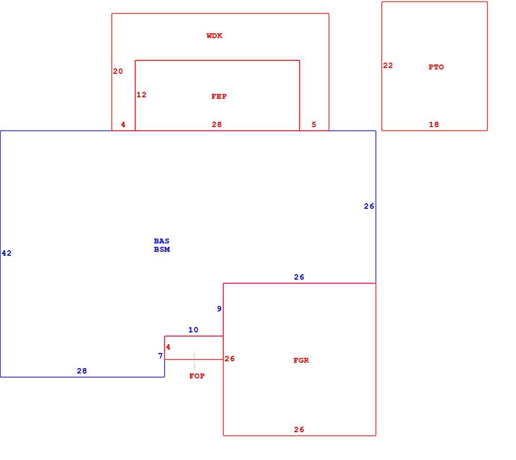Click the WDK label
(x=215, y=36)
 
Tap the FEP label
(x=219, y=96)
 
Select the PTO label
(x=436, y=67)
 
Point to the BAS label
(x=161, y=241)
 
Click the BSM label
(x=162, y=249)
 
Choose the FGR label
(x=301, y=360)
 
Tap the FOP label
(x=197, y=376)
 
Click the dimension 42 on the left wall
(x=6, y=253)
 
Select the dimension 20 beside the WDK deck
(x=118, y=71)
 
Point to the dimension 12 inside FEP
(x=141, y=95)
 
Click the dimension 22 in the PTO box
(x=388, y=66)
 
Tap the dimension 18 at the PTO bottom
(x=434, y=125)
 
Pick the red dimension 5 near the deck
(x=314, y=125)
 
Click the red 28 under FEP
(x=217, y=125)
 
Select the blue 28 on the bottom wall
(x=82, y=371)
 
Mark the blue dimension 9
(x=219, y=309)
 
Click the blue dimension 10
(x=193, y=330)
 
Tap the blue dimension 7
(x=160, y=356)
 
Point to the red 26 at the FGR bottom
(x=299, y=429)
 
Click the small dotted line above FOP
(x=195, y=361)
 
